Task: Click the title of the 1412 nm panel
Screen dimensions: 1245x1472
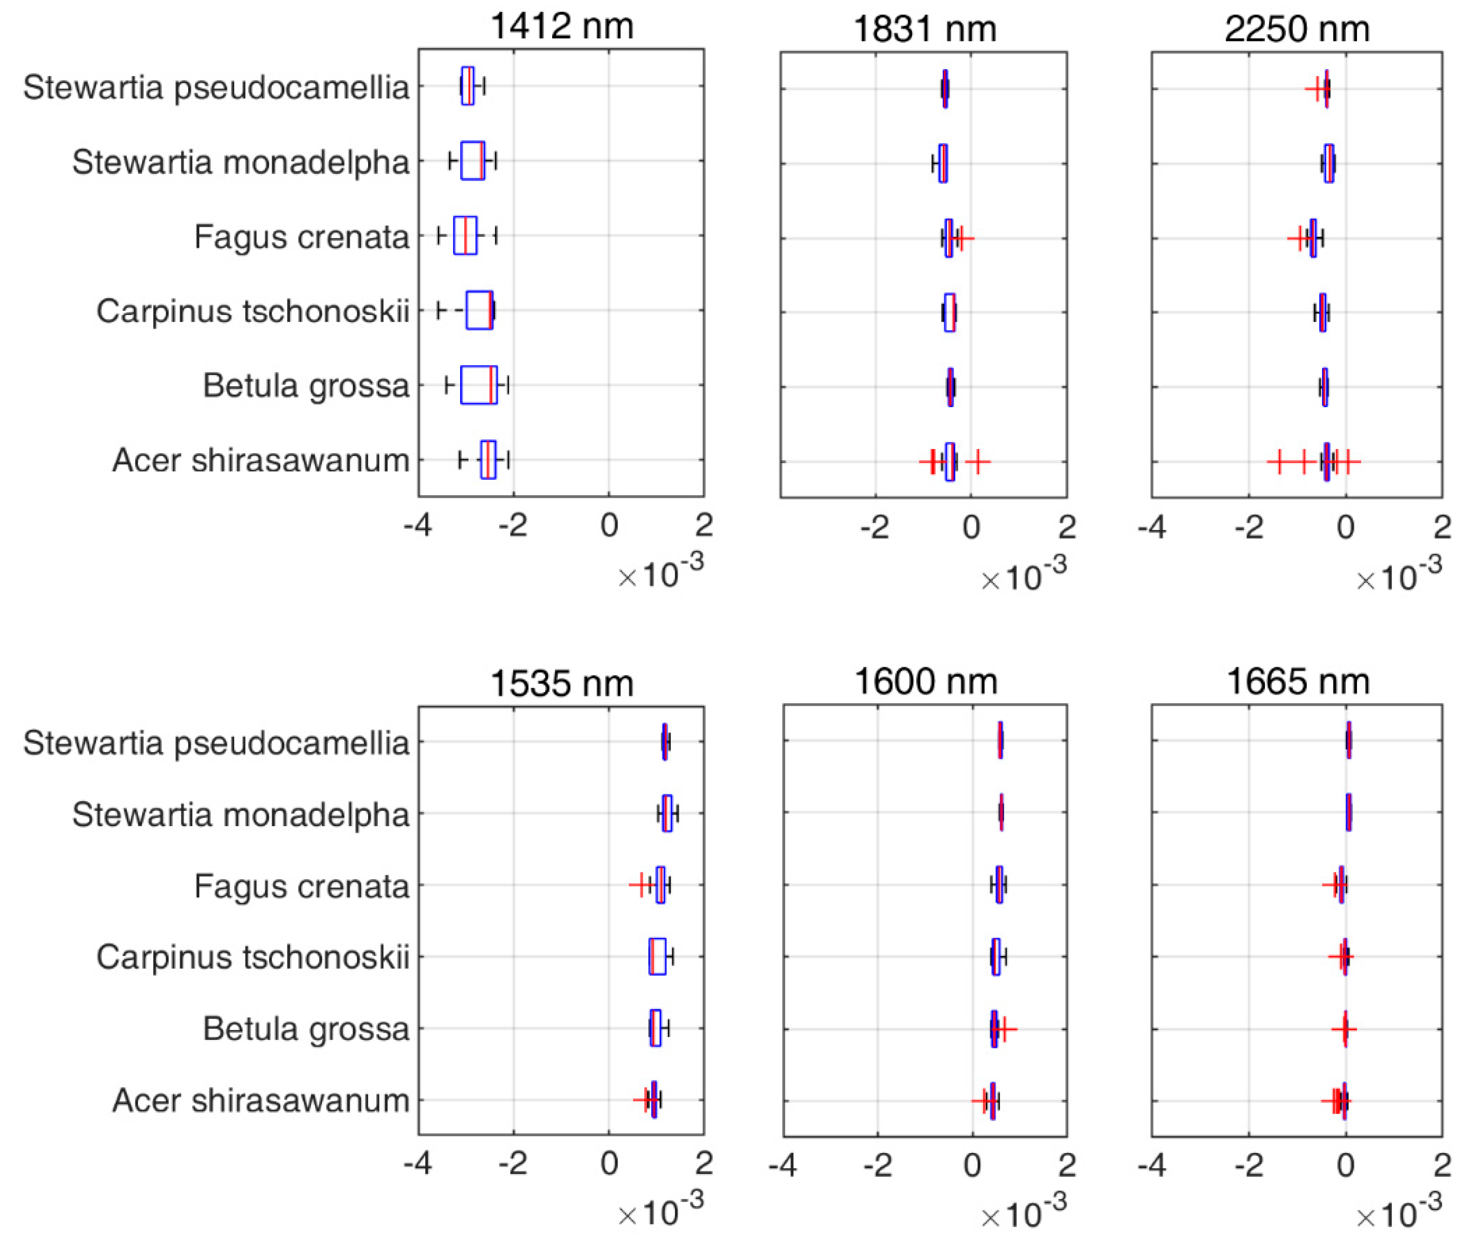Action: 561,27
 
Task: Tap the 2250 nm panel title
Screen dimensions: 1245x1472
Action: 1297,30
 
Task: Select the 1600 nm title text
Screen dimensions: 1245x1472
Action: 925,682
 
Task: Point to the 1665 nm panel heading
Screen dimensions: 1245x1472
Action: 1298,682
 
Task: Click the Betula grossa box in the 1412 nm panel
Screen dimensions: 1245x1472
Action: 479,385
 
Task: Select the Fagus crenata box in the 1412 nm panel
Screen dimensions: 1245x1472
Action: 465,236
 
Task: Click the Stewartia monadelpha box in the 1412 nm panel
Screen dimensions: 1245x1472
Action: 472,161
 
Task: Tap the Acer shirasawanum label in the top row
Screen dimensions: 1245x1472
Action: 260,461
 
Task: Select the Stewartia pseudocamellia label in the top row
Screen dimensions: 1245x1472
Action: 216,87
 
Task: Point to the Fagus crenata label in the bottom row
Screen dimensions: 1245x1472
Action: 301,886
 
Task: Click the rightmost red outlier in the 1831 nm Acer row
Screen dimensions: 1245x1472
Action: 978,462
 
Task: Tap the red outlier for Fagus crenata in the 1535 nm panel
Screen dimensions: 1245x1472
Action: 641,884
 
